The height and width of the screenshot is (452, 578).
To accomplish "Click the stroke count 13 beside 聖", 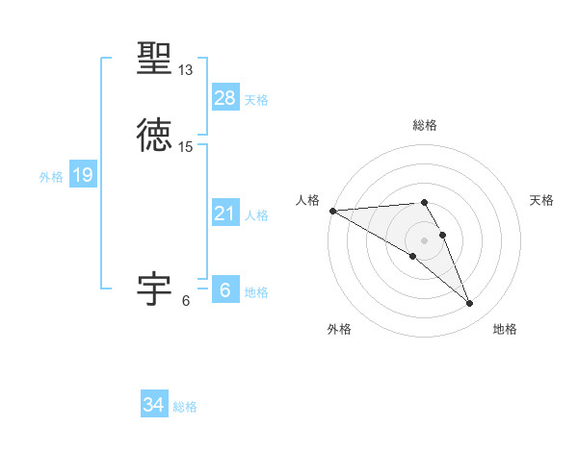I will click(186, 70).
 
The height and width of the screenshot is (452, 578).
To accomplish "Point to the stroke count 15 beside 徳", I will click(186, 147).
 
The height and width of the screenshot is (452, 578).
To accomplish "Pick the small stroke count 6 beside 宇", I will click(186, 300).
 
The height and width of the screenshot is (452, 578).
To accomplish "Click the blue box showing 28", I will click(225, 98).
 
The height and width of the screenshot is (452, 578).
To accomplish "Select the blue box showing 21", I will click(225, 213).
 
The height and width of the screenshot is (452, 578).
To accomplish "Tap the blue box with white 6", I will click(225, 290).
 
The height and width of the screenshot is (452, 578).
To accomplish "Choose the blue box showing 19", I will click(83, 175).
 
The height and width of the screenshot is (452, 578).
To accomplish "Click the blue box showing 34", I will click(154, 406).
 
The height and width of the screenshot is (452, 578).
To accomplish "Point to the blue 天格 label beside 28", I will click(256, 100).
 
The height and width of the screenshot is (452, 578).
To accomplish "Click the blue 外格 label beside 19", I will click(51, 177).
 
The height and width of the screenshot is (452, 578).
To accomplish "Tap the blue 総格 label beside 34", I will click(185, 408).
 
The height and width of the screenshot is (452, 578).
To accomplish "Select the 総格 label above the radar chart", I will click(425, 125).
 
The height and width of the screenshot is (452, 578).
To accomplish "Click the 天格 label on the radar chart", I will click(542, 200).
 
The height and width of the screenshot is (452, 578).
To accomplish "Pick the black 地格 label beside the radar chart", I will click(505, 329).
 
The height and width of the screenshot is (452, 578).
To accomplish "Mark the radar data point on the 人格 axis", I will click(332, 211).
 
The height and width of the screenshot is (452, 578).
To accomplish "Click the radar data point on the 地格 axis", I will click(470, 304).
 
